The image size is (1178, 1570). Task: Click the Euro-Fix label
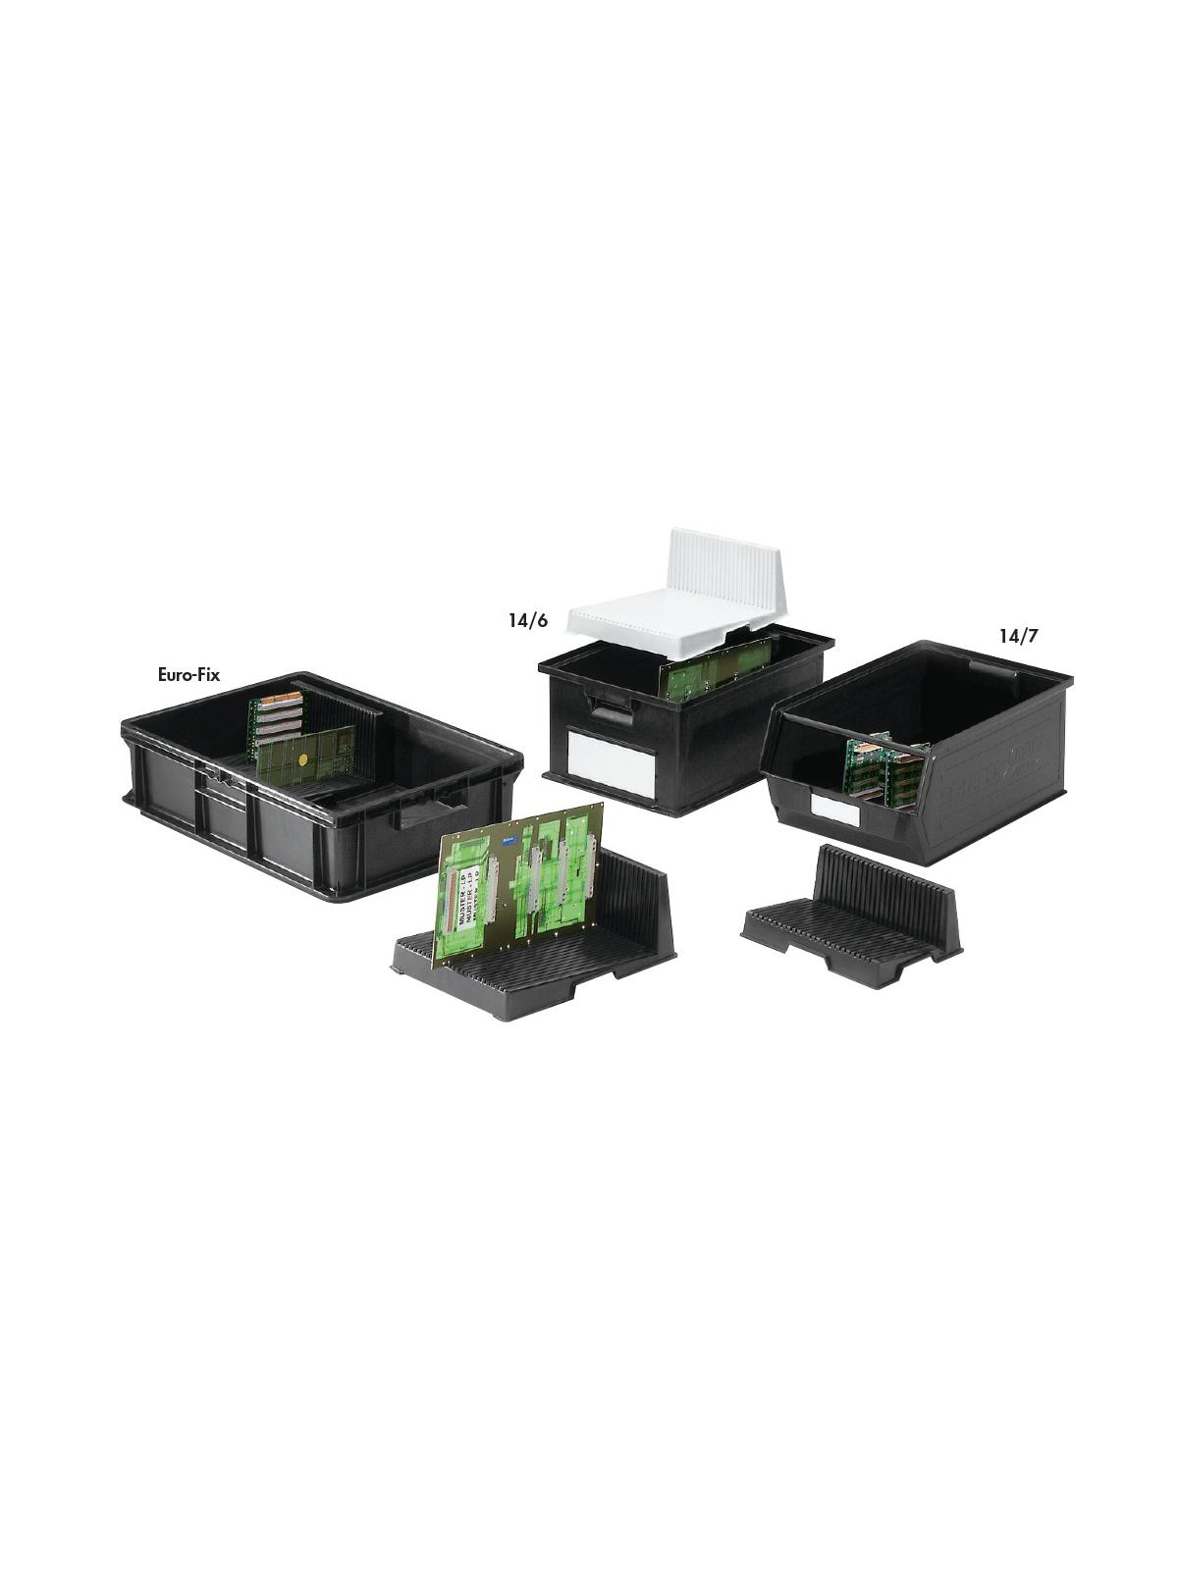188,674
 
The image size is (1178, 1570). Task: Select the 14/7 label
1018,635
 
